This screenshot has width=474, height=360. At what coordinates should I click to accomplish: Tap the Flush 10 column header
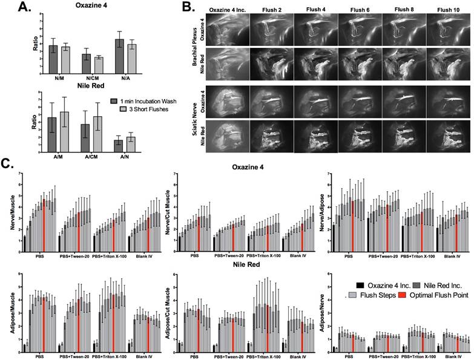coord(446,10)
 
